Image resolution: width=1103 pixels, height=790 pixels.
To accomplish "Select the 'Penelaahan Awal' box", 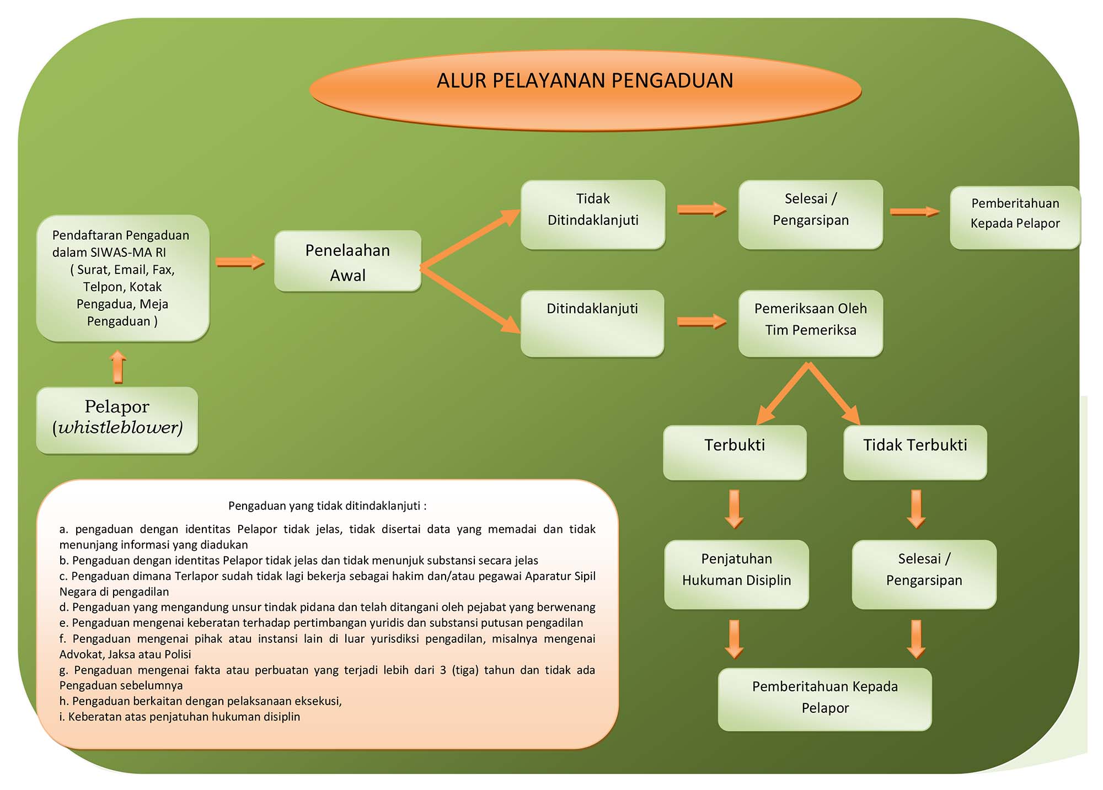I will [348, 261].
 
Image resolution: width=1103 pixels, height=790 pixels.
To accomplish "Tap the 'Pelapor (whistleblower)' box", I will [117, 420].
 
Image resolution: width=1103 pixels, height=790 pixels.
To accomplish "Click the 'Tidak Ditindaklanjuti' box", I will [593, 214].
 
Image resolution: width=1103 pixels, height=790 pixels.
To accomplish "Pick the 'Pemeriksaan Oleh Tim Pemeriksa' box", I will [811, 323].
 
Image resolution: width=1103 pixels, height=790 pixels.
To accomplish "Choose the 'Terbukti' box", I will [735, 452].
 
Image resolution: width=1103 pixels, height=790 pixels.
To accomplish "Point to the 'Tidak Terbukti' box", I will [915, 452].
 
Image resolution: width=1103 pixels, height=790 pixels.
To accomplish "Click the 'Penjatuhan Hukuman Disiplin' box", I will [736, 574].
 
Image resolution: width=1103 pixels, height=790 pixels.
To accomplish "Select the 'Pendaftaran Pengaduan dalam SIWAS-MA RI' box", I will [122, 278].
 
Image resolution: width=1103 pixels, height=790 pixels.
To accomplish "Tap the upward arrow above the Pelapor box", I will [118, 367].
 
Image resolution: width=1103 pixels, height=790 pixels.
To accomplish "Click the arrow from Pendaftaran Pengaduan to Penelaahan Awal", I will [240, 262].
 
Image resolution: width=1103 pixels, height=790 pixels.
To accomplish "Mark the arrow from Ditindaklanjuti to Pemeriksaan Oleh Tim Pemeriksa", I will [702, 321].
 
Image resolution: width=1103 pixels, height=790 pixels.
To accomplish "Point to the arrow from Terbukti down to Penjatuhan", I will [734, 509].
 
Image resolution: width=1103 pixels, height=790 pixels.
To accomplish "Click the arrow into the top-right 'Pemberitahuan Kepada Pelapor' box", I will [915, 212].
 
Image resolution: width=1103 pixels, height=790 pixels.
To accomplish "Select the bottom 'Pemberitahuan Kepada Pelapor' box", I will [824, 699].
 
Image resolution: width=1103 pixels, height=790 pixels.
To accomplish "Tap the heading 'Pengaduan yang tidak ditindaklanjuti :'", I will [327, 506].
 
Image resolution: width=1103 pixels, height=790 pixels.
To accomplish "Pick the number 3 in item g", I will [443, 670].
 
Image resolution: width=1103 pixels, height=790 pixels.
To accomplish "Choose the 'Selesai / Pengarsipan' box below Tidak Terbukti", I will [924, 574].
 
